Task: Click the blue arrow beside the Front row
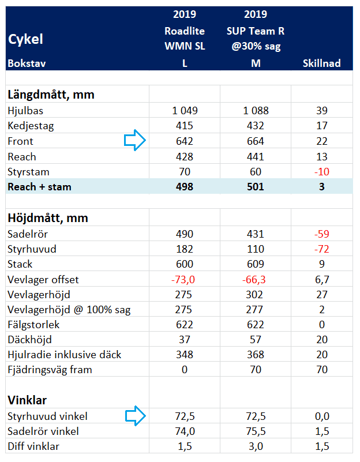coord(135,140)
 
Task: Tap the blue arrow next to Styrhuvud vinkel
coord(136,416)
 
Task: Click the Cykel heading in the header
coord(25,39)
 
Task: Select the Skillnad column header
coord(322,63)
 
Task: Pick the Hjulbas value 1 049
coord(185,111)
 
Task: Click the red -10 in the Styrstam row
coord(322,171)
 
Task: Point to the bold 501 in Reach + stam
coord(256,186)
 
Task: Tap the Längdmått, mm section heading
coord(51,95)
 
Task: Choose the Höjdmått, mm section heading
coord(48,219)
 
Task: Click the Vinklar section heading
coord(27,400)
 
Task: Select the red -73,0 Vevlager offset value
coord(183,279)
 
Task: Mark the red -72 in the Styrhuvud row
coord(322,249)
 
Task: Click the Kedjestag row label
coord(31,126)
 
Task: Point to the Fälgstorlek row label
coord(33,324)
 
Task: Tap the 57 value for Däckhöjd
coord(256,339)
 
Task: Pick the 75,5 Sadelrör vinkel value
coord(256,431)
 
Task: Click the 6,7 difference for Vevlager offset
coord(322,279)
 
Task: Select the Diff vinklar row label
coord(33,446)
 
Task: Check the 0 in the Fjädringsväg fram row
coord(185,370)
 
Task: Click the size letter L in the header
coord(185,63)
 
